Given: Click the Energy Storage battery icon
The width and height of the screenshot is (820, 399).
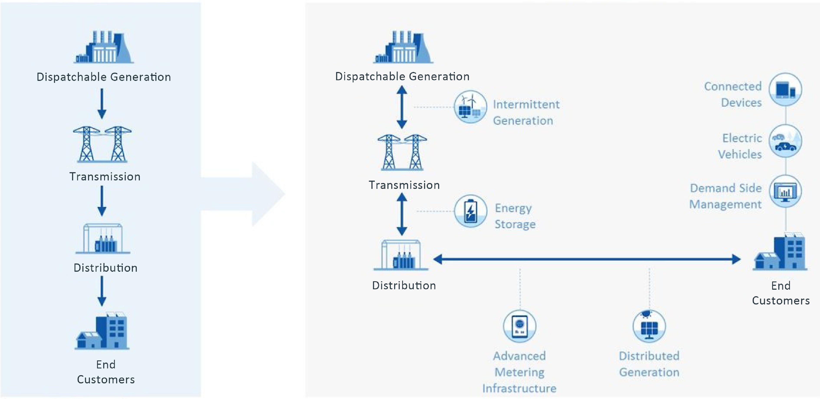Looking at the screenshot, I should tap(471, 211).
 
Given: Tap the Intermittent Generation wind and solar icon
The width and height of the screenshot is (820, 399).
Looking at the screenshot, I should tap(470, 107).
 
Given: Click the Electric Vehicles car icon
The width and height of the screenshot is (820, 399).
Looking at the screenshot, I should tap(785, 141).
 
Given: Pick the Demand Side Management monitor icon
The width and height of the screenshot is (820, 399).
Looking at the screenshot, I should tap(785, 191).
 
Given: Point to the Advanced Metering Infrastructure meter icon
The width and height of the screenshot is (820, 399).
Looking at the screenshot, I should tap(520, 326).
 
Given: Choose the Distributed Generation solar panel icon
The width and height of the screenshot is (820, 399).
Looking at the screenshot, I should tap(649, 326).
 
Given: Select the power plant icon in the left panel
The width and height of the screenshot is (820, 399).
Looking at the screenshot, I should tap(104, 48).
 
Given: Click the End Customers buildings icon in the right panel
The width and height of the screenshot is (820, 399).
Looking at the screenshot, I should tap(780, 252).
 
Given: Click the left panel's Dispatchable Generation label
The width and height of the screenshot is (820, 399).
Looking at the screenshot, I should tap(104, 77).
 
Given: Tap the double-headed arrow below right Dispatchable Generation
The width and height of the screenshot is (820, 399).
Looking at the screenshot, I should tap(402, 107).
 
